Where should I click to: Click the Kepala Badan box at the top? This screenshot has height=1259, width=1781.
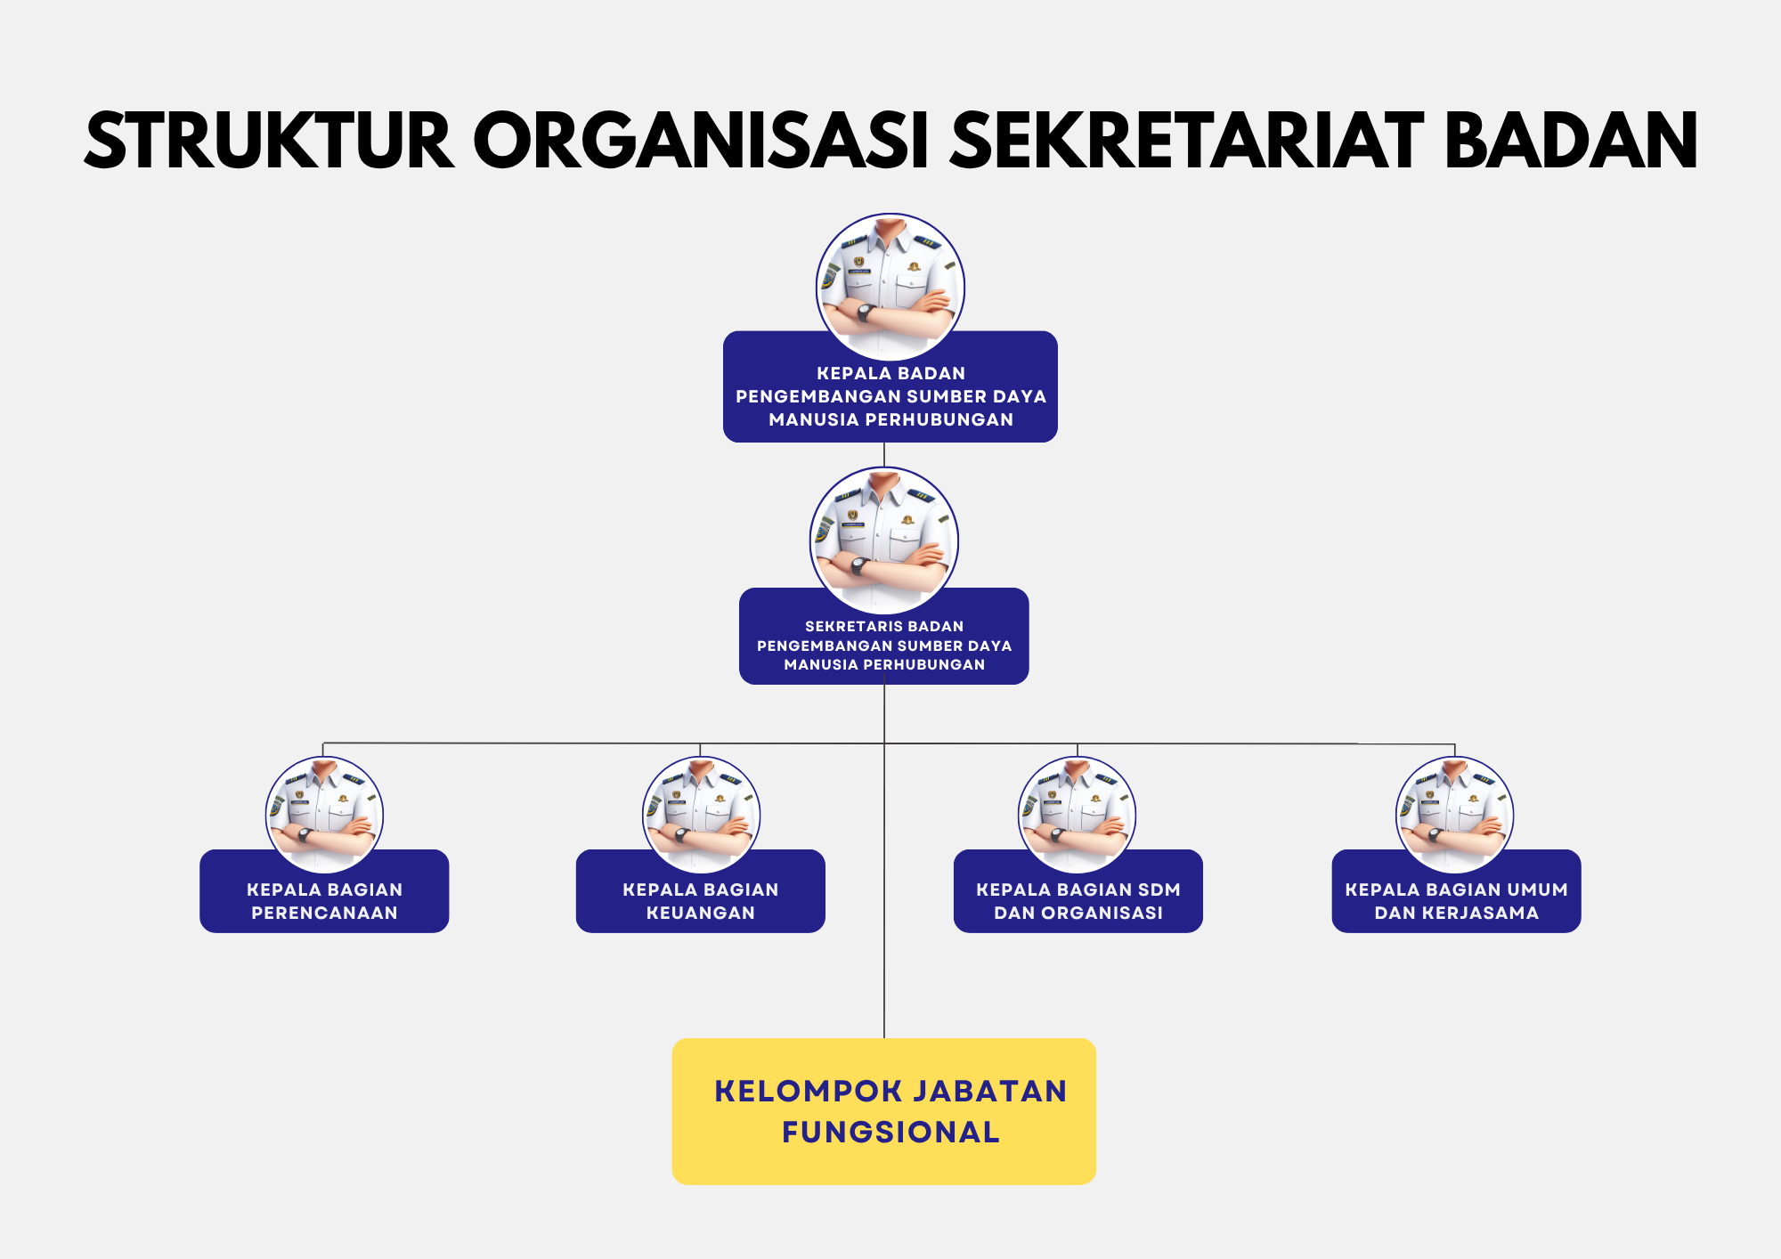point(890,396)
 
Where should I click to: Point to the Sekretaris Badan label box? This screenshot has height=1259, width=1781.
point(884,645)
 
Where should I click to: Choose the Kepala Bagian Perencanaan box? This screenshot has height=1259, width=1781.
point(324,900)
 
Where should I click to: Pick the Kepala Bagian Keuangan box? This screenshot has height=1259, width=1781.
point(701,900)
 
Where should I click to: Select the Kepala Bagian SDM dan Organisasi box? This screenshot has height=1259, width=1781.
point(1078,900)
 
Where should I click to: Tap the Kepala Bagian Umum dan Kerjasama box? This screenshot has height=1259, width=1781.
point(1456,900)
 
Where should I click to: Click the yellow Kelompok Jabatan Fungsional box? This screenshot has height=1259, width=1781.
point(884,1111)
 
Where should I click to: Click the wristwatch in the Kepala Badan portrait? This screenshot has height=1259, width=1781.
point(864,313)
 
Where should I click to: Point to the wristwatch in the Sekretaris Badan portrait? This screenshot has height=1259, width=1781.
point(858,565)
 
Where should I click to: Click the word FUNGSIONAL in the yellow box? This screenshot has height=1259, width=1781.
point(890,1132)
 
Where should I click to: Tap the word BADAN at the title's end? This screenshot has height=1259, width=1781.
point(1571,141)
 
